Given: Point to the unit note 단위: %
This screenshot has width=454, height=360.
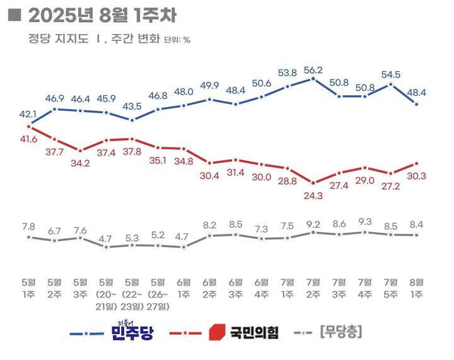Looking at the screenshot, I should point(177,40).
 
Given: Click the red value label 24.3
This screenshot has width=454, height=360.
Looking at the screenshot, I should point(313,195).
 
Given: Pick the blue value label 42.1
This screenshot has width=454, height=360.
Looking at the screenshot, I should point(29,113).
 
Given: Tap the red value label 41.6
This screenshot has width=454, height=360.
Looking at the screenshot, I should point(29,138).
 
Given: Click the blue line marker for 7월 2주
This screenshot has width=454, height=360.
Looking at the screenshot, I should point(313,79).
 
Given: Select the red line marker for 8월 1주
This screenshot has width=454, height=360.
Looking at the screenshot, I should point(416,163).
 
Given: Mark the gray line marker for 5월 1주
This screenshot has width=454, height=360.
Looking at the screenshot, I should point(29,237).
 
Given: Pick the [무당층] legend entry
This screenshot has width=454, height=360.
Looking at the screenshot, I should point(341,331).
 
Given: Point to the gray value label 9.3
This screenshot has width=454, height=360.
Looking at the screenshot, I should point(364,221).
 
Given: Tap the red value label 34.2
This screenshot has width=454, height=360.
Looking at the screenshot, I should point(81,163).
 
